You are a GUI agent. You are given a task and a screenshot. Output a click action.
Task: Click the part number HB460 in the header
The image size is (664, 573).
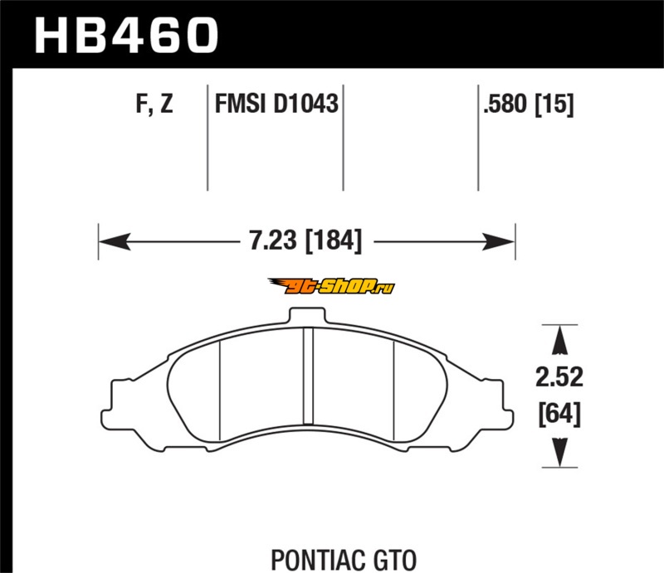(x=126, y=35)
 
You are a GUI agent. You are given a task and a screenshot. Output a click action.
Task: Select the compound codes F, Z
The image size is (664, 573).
(x=154, y=104)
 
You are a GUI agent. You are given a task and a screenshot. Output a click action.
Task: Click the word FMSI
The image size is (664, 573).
(x=241, y=104)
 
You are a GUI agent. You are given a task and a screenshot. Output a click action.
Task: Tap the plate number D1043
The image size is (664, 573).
(x=305, y=104)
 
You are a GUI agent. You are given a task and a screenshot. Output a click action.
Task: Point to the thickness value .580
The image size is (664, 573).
(x=506, y=104)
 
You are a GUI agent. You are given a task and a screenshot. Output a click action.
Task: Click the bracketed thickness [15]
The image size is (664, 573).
(x=554, y=104)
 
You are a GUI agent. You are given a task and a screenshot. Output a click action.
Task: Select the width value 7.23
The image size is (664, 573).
(x=273, y=240)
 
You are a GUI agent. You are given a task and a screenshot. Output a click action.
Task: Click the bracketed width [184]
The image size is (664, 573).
(x=334, y=241)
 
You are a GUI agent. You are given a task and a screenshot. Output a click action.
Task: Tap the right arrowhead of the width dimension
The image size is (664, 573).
(x=499, y=241)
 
